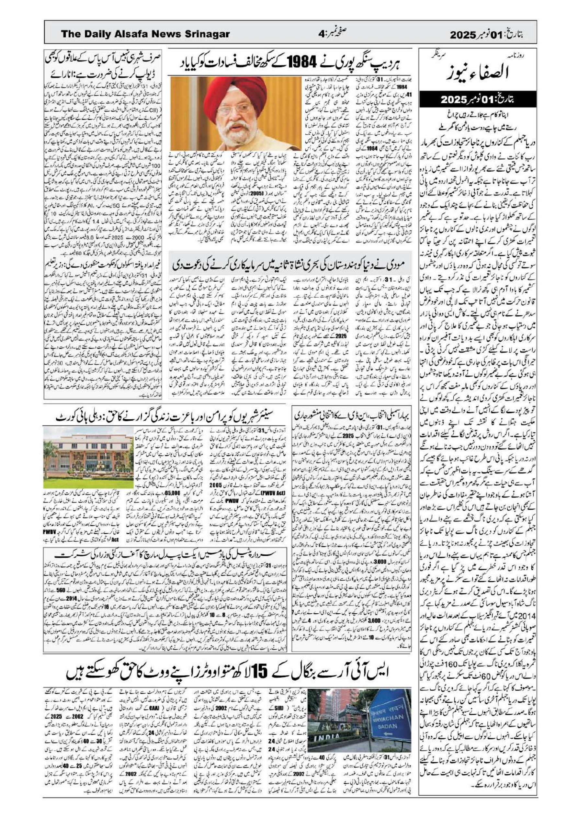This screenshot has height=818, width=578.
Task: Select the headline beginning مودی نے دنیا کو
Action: click(289, 266)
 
